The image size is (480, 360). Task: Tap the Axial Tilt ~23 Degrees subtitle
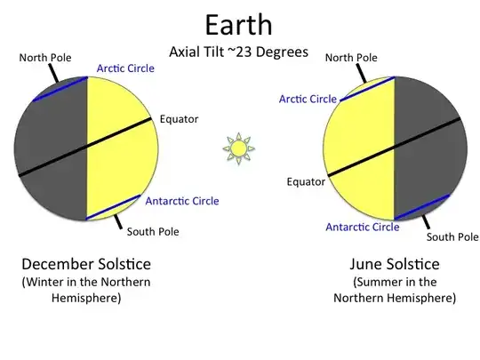click(x=238, y=52)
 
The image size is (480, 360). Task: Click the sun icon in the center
click(x=237, y=148)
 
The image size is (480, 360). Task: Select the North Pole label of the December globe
click(x=45, y=58)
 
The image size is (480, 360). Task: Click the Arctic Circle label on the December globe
click(x=124, y=69)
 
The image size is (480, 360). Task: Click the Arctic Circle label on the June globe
click(x=308, y=99)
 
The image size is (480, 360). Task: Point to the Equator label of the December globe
click(x=179, y=118)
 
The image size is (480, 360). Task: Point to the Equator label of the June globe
click(x=305, y=182)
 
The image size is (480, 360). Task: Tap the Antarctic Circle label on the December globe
click(x=181, y=200)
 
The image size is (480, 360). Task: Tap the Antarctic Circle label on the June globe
click(x=362, y=227)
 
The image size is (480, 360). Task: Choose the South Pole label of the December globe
click(x=153, y=232)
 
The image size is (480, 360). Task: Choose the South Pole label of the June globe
click(x=452, y=237)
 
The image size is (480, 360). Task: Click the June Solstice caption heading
click(x=396, y=264)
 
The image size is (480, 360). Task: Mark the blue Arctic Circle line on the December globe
click(x=60, y=89)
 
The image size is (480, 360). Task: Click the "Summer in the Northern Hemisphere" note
click(x=396, y=290)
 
